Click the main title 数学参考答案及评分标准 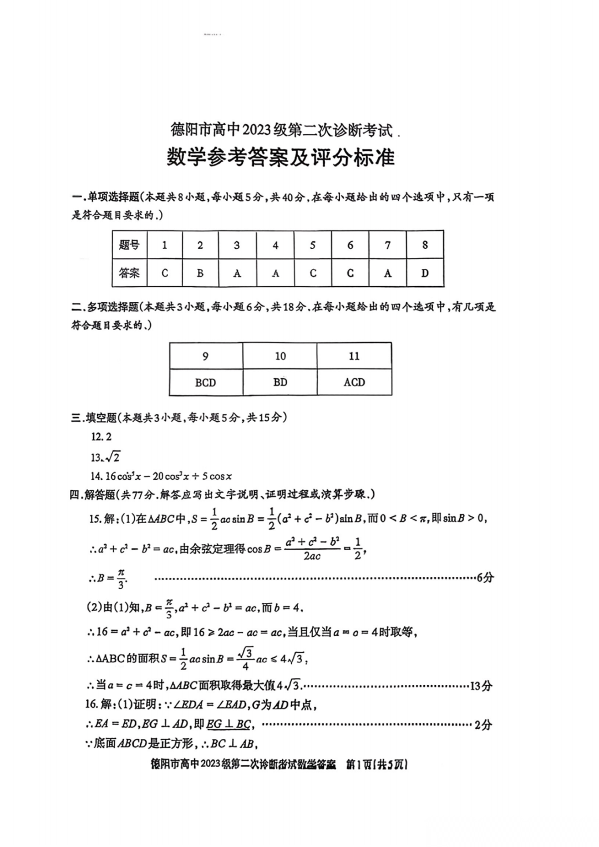pyautogui.click(x=281, y=158)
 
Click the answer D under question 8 pyautogui.click(x=425, y=273)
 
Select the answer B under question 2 pyautogui.click(x=200, y=273)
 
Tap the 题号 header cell pyautogui.click(x=129, y=245)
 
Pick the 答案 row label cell pyautogui.click(x=129, y=273)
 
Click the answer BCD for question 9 pyautogui.click(x=205, y=382)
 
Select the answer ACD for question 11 pyautogui.click(x=354, y=382)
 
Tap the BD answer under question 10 pyautogui.click(x=280, y=382)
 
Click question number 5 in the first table pyautogui.click(x=313, y=245)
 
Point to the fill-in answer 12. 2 pyautogui.click(x=101, y=437)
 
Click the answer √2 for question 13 pyautogui.click(x=105, y=457)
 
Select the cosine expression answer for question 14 pyautogui.click(x=161, y=476)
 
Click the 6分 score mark pyautogui.click(x=485, y=577)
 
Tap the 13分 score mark pyautogui.click(x=481, y=686)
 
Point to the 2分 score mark pyautogui.click(x=483, y=724)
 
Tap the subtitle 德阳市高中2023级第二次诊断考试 pyautogui.click(x=281, y=130)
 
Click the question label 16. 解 pyautogui.click(x=100, y=704)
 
